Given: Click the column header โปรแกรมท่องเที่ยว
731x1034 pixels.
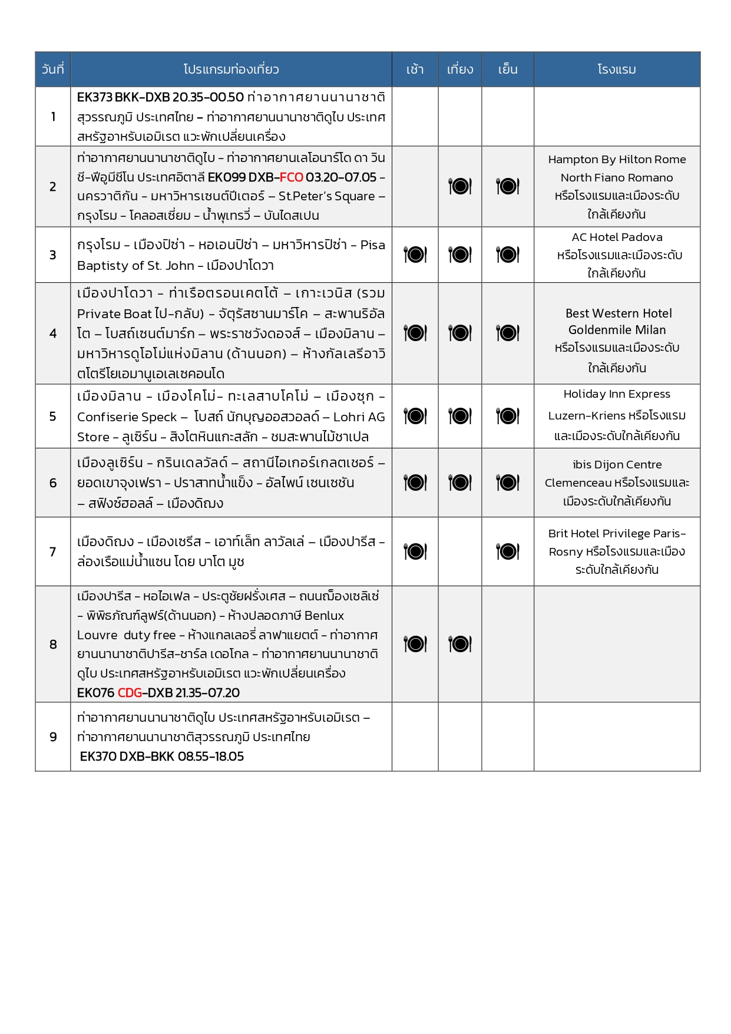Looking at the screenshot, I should click(x=231, y=70).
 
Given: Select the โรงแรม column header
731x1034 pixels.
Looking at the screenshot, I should click(x=616, y=70).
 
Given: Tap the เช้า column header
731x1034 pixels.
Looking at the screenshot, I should click(x=415, y=70).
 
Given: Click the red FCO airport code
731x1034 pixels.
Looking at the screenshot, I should click(x=291, y=177).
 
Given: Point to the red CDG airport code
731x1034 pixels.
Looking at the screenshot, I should click(x=130, y=693).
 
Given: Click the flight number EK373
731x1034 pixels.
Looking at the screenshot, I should click(x=94, y=97).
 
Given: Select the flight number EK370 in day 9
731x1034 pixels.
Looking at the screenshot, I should click(x=98, y=756).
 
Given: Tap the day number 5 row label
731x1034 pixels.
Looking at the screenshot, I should click(x=53, y=417).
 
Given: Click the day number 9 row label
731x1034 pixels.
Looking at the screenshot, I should click(x=53, y=737).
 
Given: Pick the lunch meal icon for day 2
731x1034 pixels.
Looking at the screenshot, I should click(x=460, y=187).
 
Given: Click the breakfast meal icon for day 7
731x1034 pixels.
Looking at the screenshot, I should click(x=415, y=552).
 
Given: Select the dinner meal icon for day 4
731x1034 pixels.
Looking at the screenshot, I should click(x=508, y=333).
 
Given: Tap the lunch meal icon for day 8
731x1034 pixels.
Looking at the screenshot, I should click(x=460, y=644).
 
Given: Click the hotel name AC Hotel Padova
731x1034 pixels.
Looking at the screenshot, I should click(x=617, y=237).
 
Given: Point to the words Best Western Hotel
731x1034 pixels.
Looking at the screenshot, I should click(x=618, y=313).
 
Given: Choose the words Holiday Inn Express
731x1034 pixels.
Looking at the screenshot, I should click(x=617, y=394).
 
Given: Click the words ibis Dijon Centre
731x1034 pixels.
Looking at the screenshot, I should click(x=617, y=465).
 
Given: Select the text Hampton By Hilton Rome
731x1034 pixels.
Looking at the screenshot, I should click(x=617, y=160).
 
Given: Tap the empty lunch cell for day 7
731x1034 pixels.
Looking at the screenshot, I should click(x=460, y=552).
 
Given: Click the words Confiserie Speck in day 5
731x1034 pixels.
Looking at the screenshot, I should click(x=127, y=417).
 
